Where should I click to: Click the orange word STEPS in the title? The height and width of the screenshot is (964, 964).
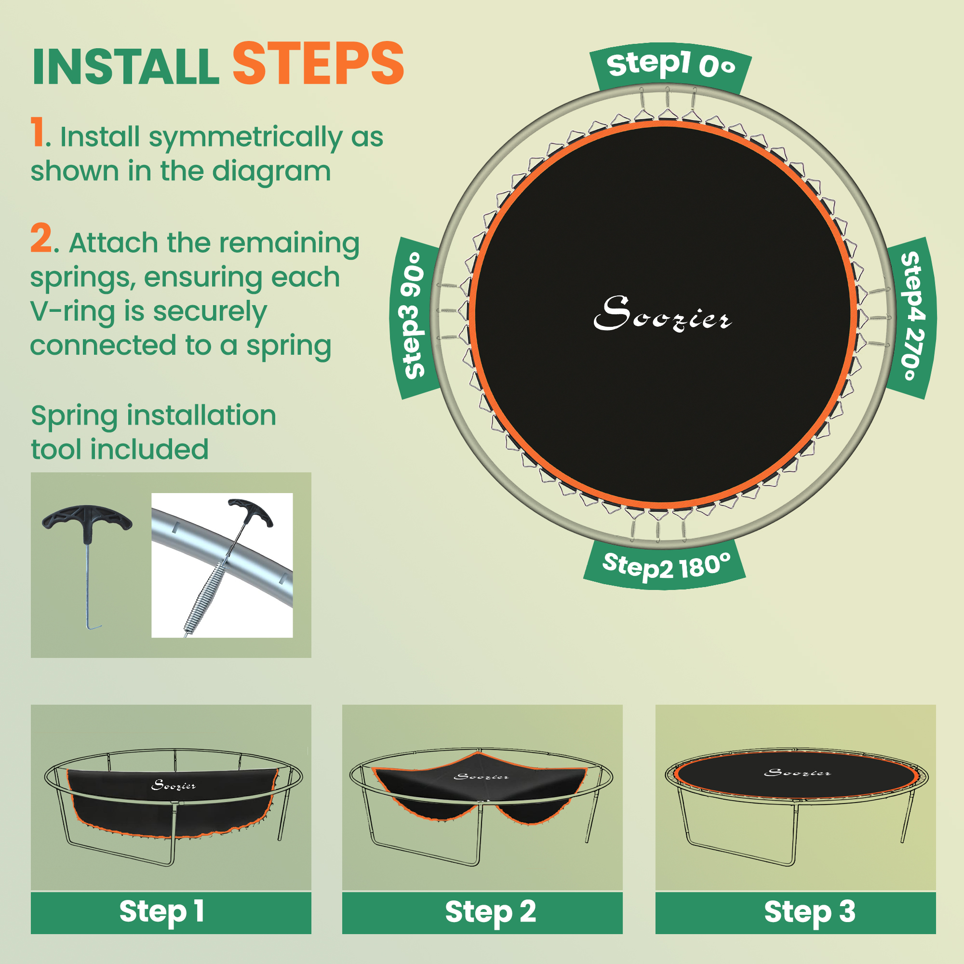pyautogui.click(x=318, y=65)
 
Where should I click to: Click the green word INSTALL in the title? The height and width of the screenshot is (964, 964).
pyautogui.click(x=126, y=67)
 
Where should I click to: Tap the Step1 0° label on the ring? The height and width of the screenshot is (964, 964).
pyautogui.click(x=670, y=66)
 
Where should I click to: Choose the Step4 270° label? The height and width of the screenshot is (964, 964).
pyautogui.click(x=912, y=316)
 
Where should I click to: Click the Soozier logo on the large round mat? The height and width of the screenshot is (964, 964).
pyautogui.click(x=662, y=314)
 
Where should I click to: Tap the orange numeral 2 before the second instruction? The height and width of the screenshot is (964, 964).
pyautogui.click(x=41, y=239)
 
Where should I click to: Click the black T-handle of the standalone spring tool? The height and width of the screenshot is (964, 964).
pyautogui.click(x=87, y=519)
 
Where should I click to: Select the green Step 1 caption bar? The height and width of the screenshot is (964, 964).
pyautogui.click(x=171, y=912)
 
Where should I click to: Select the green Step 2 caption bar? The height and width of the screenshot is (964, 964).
pyautogui.click(x=482, y=912)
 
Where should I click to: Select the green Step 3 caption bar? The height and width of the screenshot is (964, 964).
pyautogui.click(x=795, y=912)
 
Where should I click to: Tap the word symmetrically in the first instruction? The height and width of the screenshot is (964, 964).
pyautogui.click(x=245, y=138)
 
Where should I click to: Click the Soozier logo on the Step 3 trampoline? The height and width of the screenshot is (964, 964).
pyautogui.click(x=797, y=773)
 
